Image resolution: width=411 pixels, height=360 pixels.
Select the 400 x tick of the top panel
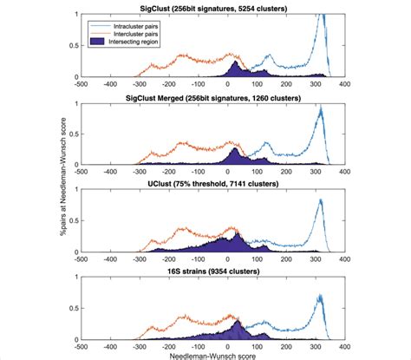[345, 84]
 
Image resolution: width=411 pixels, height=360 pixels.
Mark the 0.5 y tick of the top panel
[73, 46]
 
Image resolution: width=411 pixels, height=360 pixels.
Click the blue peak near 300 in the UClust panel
[320, 202]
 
